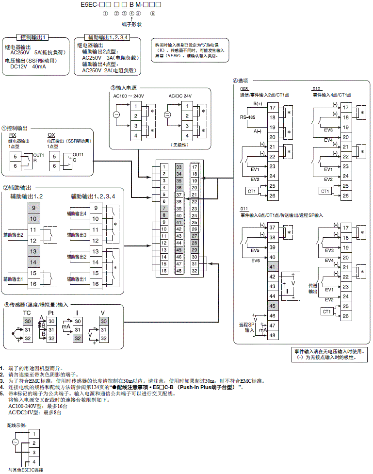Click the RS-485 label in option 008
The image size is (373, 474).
tap(247, 117)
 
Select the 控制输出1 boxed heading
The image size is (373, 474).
tap(32, 37)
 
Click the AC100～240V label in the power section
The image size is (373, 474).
tap(129, 96)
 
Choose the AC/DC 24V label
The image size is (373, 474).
tap(180, 96)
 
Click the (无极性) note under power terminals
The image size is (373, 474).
tap(179, 144)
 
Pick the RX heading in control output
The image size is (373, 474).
tap(12, 135)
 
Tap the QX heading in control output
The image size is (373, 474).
tap(51, 135)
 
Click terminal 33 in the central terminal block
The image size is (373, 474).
tap(179, 167)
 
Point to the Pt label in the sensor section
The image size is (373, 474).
tap(50, 313)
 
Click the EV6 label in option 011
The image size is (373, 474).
tap(256, 261)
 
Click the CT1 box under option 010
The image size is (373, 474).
tap(325, 191)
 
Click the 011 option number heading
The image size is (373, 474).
tap(244, 209)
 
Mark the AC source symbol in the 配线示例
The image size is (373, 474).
tap(15, 442)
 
